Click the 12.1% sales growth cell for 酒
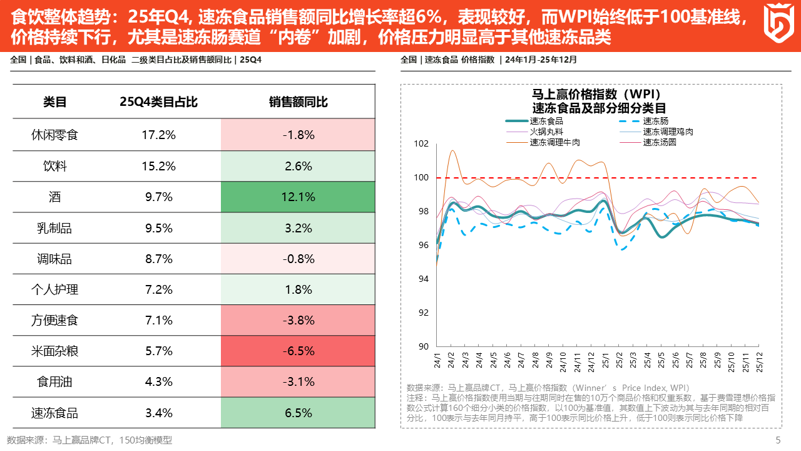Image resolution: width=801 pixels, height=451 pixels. (298, 197)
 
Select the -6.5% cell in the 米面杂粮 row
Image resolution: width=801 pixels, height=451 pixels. (298, 351)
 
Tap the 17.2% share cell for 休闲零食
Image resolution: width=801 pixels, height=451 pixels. (158, 135)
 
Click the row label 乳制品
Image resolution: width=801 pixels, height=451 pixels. (54, 228)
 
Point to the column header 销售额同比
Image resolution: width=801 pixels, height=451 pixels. (298, 101)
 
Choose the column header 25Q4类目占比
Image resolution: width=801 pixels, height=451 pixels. (158, 101)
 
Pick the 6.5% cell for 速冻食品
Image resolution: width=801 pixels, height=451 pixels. (298, 413)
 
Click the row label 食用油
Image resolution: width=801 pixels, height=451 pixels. (54, 382)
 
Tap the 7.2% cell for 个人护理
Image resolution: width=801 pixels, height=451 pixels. (158, 289)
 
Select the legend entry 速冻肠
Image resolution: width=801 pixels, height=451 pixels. (655, 121)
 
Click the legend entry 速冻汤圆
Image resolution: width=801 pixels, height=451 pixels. (659, 142)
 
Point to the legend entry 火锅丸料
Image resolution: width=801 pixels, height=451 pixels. (546, 132)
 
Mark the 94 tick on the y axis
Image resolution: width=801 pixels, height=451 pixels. (423, 279)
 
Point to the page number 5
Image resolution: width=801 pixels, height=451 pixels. (778, 440)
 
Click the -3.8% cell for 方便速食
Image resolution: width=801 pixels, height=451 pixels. (298, 320)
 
